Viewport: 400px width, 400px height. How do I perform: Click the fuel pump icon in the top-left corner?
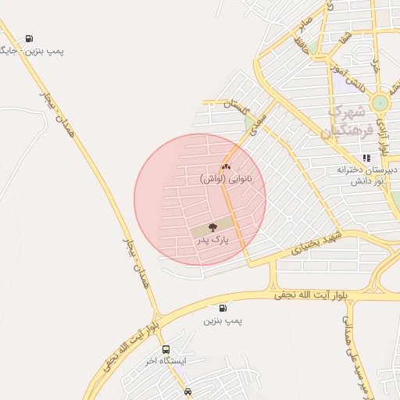[29, 38]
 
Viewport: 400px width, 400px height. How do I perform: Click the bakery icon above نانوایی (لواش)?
[226, 166]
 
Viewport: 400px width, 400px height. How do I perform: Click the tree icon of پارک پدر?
[212, 228]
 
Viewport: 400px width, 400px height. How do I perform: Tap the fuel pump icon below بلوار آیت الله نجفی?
[223, 308]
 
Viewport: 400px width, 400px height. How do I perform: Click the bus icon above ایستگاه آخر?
[166, 349]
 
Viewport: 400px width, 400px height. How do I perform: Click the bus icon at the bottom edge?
[187, 391]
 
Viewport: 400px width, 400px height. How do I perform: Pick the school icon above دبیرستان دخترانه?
[366, 157]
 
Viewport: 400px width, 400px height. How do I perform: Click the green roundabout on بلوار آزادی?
[380, 103]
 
